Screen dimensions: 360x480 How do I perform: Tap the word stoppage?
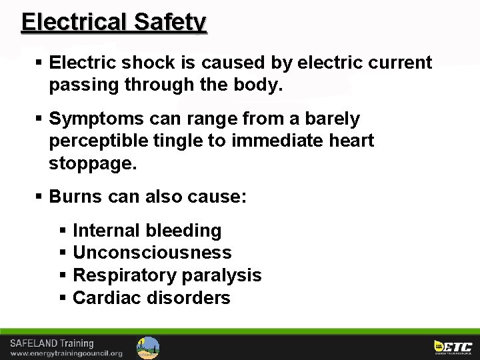click(92, 163)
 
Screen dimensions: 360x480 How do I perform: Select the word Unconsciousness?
click(152, 253)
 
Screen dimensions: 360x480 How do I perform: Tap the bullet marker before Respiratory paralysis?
click(63, 275)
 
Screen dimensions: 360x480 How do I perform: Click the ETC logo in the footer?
click(453, 347)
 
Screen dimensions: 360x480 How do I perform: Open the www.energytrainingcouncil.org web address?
click(66, 353)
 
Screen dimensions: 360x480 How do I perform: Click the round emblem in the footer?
click(148, 347)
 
